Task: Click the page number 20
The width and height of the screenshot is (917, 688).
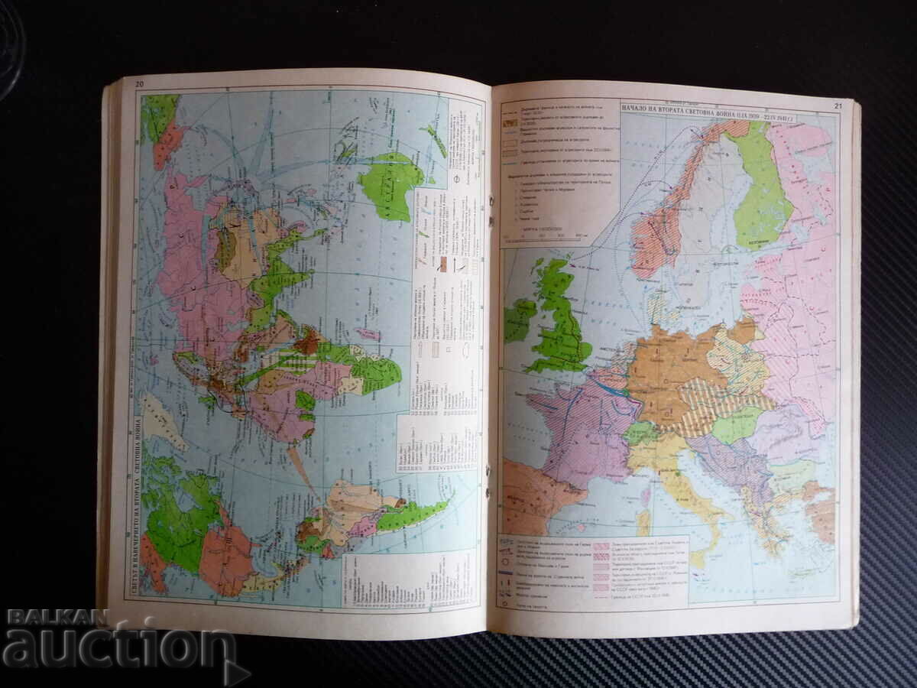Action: (138, 83)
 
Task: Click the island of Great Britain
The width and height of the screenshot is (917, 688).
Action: (563, 321)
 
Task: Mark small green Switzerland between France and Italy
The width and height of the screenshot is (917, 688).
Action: (640, 433)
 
